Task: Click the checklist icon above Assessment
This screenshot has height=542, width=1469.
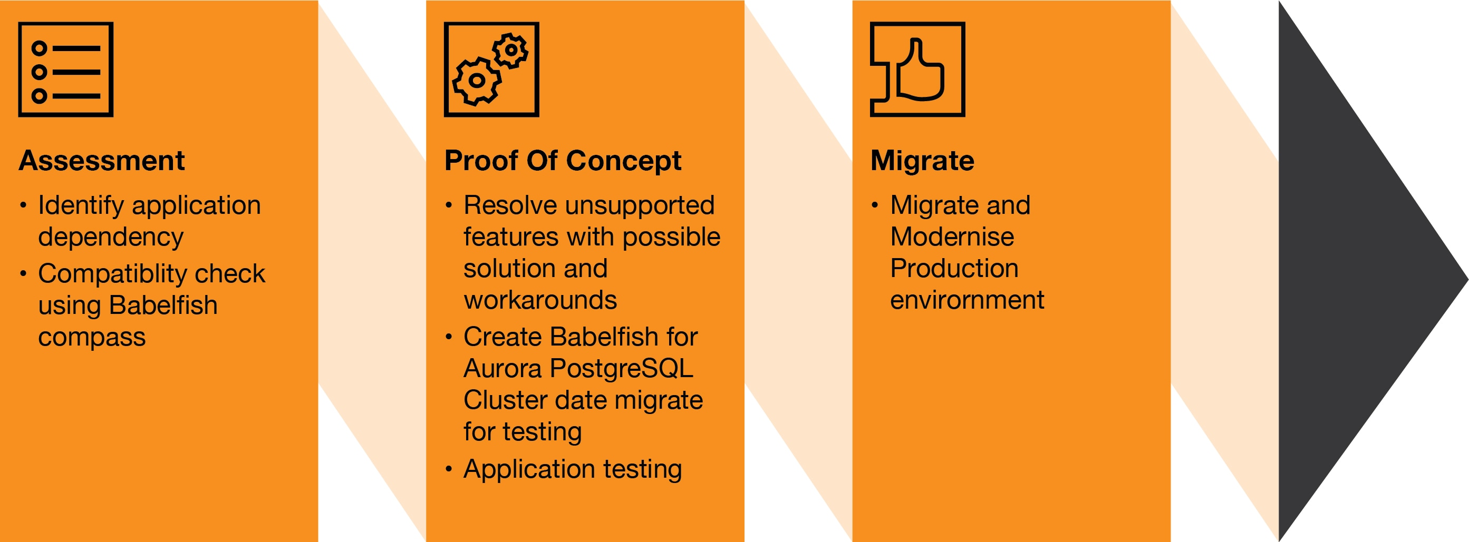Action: point(65,70)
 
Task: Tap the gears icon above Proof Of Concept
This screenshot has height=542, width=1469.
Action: point(491,70)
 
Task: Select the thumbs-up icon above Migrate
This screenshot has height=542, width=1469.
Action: point(917,70)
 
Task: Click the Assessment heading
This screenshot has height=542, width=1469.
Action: point(102,161)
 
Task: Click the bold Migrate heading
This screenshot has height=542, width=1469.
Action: point(922,161)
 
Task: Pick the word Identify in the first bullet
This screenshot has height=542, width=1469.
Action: point(80,206)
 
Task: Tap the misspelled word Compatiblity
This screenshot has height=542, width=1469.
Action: point(111,274)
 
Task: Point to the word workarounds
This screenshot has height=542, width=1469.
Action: point(540,300)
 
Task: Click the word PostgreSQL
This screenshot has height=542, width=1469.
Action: point(622,369)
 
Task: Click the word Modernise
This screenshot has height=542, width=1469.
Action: point(952,237)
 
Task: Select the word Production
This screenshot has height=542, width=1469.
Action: point(954,269)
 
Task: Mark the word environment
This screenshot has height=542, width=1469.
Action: point(967,300)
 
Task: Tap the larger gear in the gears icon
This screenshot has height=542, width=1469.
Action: point(477,82)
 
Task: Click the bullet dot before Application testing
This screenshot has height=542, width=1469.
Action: point(449,469)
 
